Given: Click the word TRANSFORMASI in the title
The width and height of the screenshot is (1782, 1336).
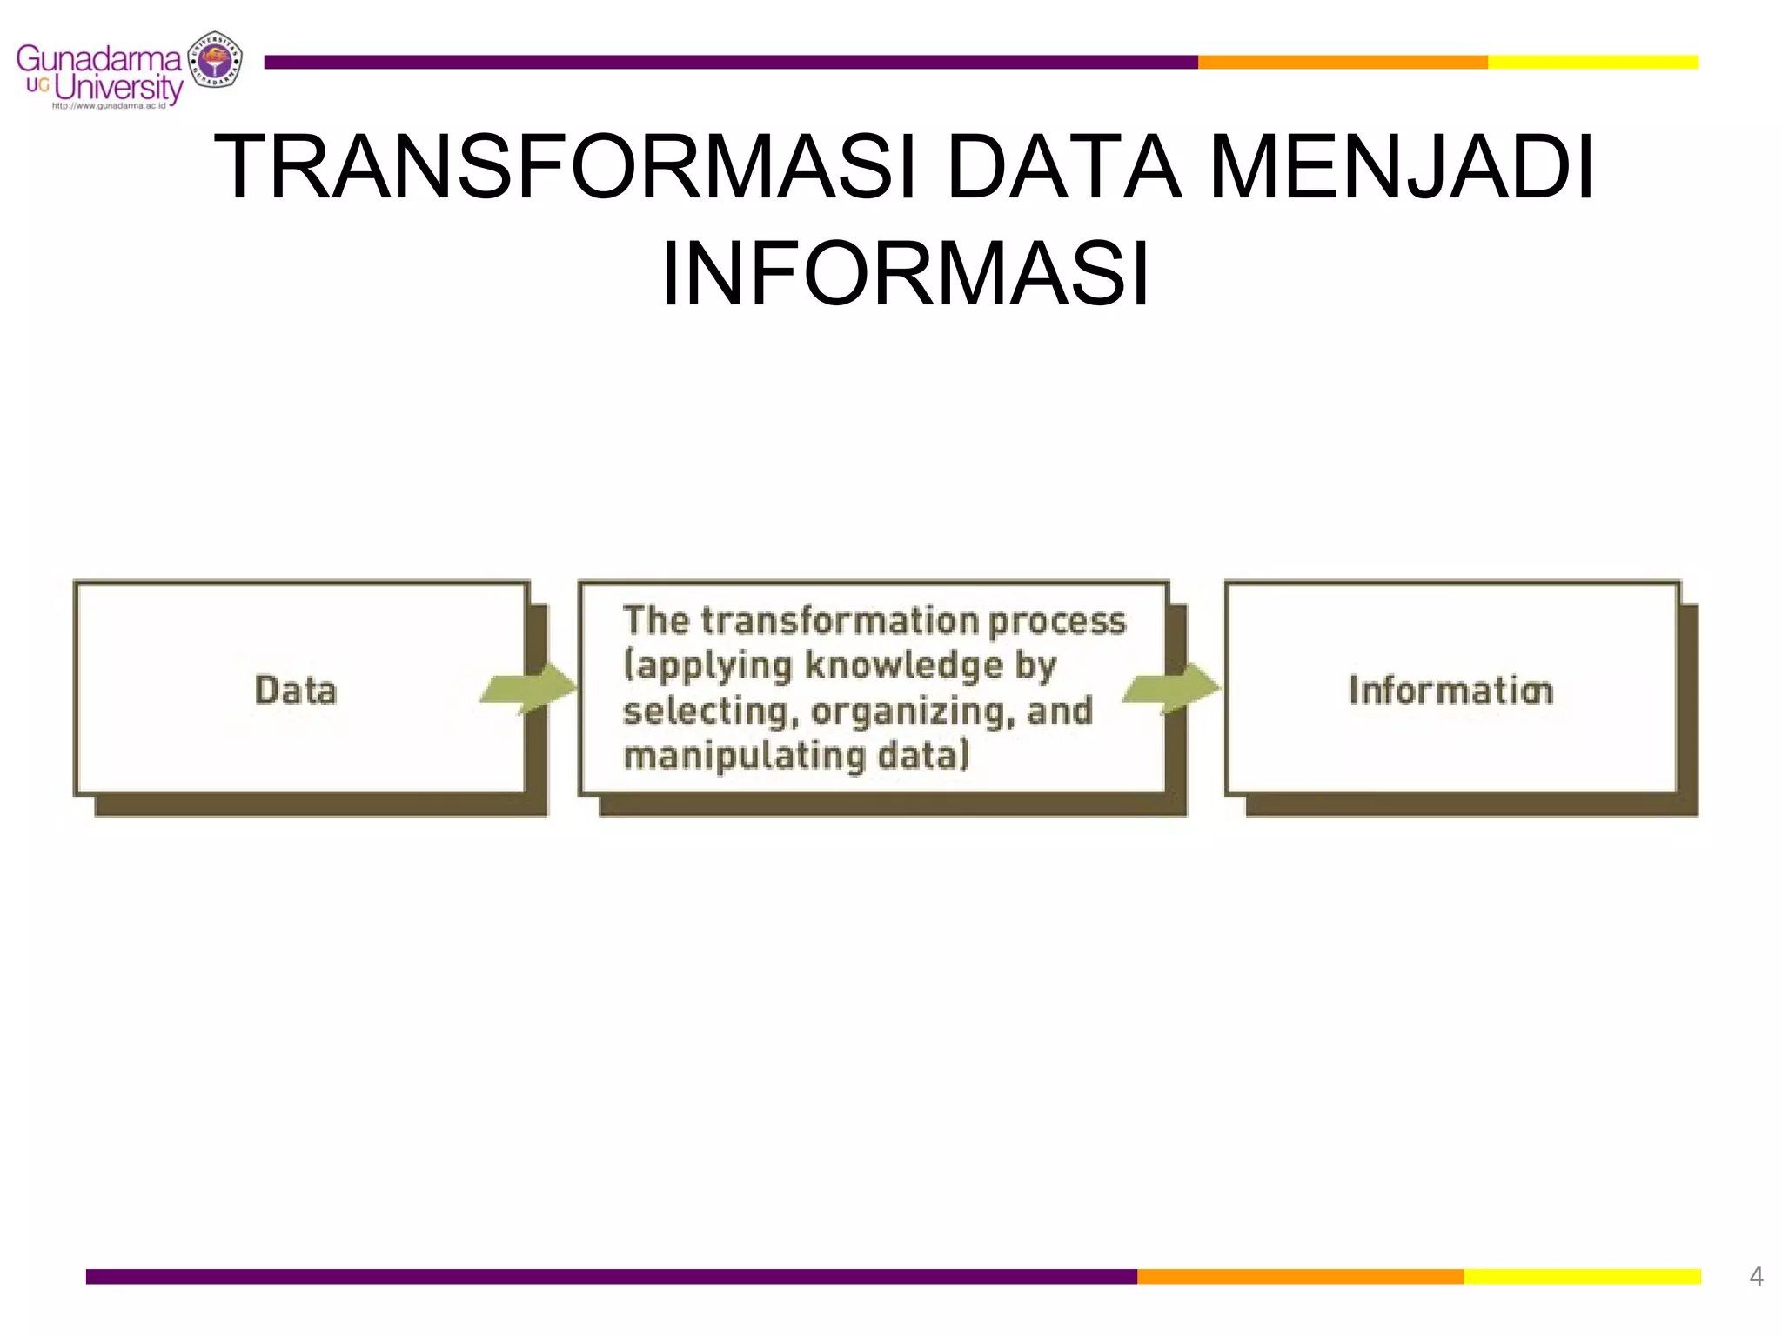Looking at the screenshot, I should [x=566, y=167].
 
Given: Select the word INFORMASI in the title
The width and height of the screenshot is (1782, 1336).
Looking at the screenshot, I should [x=905, y=274].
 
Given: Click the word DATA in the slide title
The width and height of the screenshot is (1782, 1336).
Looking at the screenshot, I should [x=1063, y=167].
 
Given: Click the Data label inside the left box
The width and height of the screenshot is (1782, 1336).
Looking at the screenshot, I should [x=296, y=690].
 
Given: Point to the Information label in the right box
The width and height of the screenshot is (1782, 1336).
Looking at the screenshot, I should [x=1450, y=690].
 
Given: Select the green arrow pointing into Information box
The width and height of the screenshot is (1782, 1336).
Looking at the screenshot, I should [x=1171, y=688].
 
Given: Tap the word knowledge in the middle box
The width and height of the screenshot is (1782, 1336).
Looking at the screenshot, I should [x=904, y=665].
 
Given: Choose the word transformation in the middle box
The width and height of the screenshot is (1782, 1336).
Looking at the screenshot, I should [x=841, y=620].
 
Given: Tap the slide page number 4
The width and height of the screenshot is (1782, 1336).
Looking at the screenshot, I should [x=1756, y=1276].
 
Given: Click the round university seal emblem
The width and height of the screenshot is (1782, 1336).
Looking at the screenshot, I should [x=215, y=60].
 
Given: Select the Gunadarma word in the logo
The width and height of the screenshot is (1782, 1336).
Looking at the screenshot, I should [x=98, y=59].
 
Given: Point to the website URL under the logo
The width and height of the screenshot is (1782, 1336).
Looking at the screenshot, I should [x=109, y=106].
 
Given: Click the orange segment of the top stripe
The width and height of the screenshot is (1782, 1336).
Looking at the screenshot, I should [x=1342, y=62].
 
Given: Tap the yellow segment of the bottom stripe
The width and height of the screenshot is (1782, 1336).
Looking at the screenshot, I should [x=1582, y=1276].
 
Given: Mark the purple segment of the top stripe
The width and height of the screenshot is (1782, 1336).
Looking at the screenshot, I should [x=731, y=62].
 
